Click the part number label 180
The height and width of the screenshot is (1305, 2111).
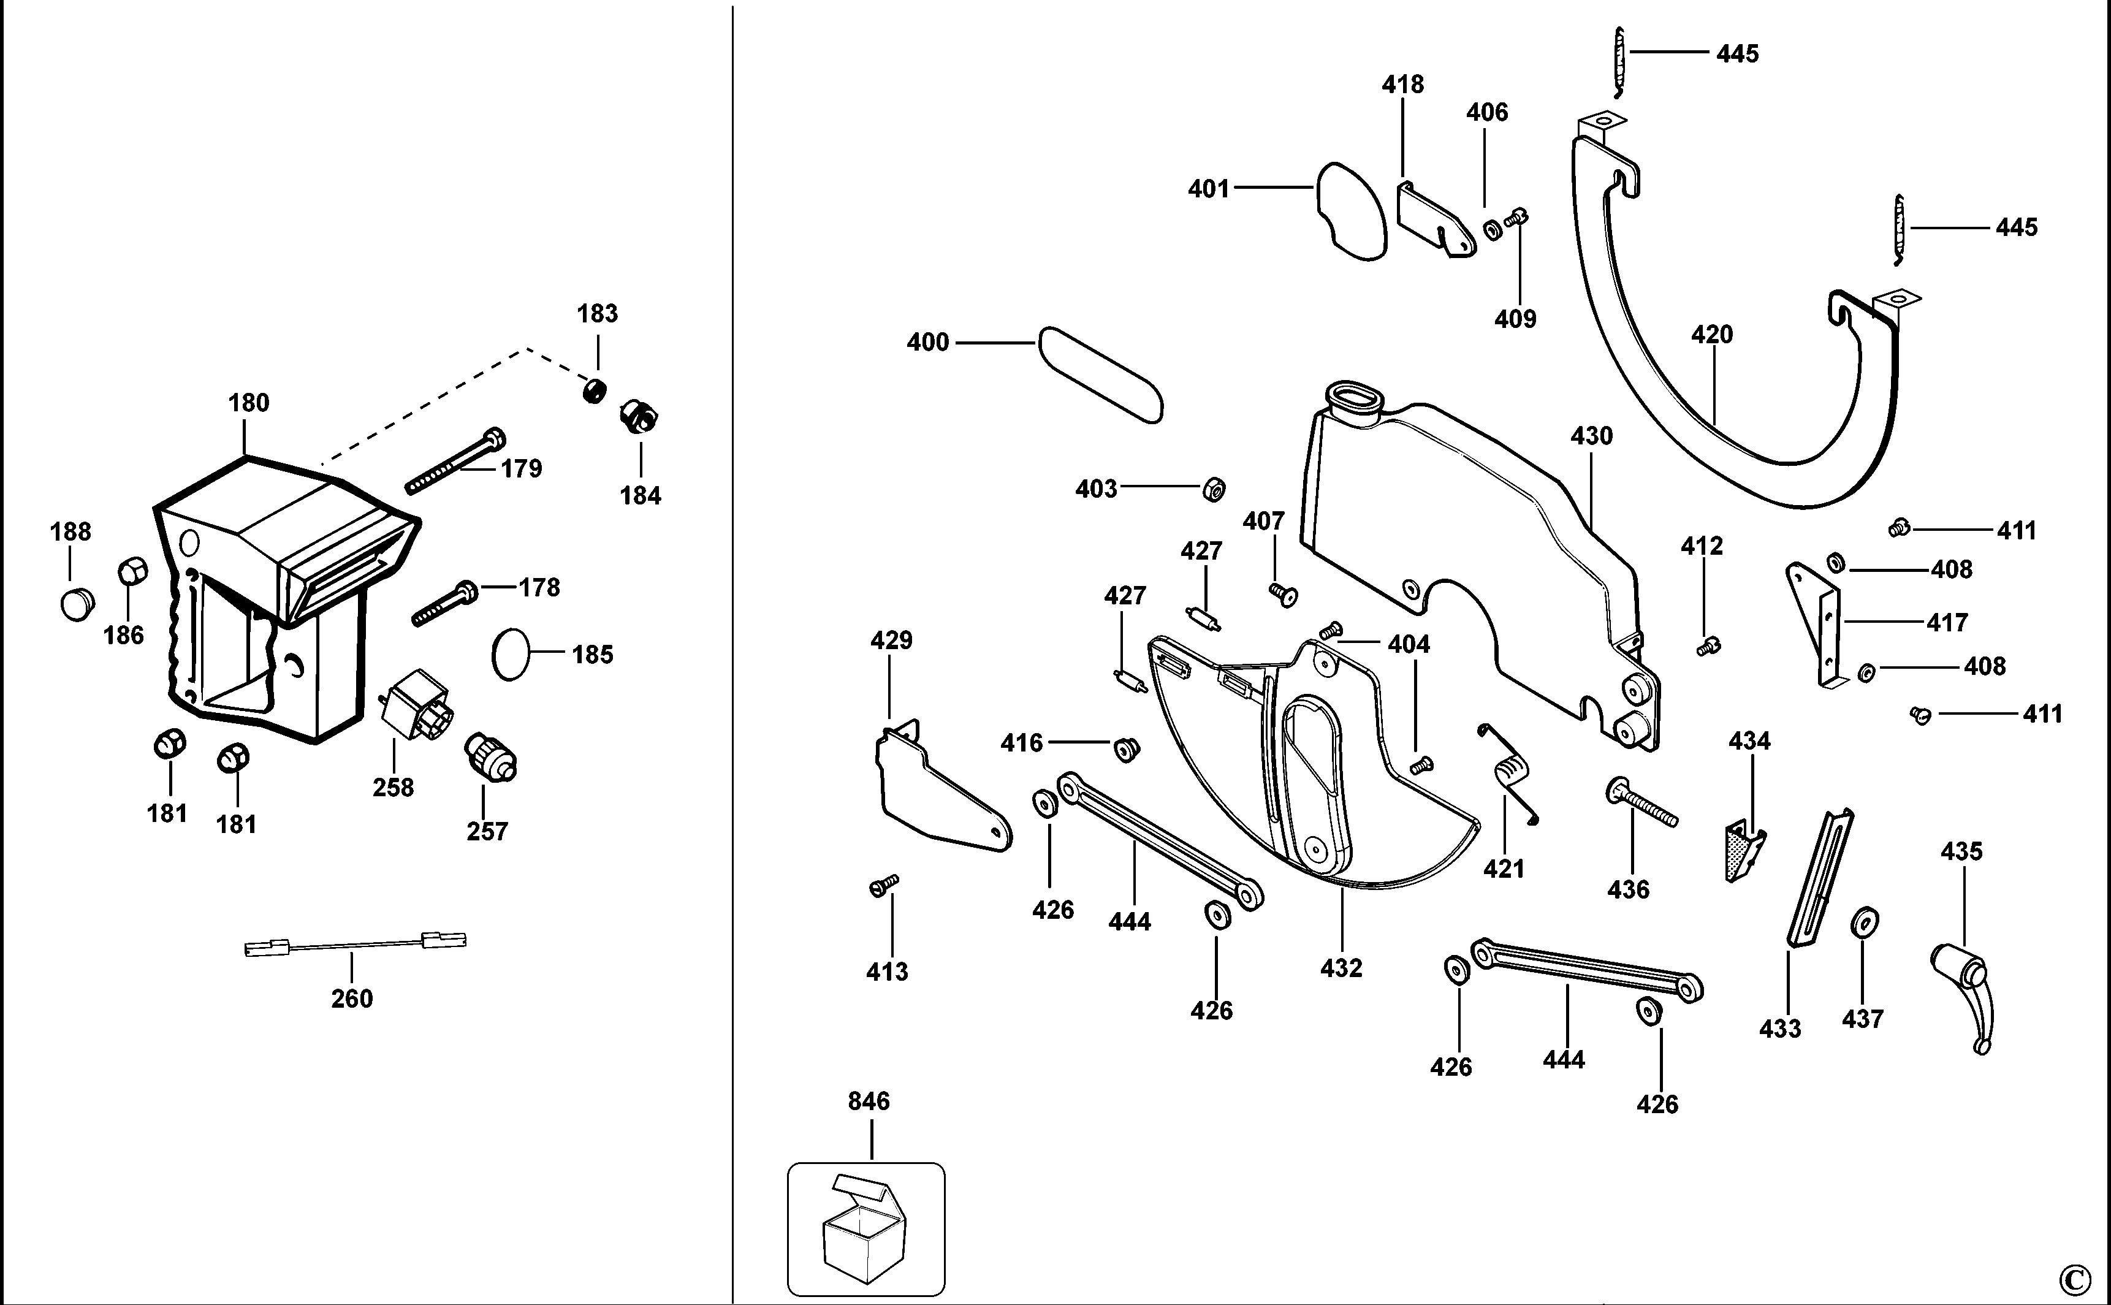coord(249,403)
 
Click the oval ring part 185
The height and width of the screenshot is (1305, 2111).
coord(510,654)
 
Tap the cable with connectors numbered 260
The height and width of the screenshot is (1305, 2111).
coord(356,943)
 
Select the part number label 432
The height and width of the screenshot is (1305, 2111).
coord(1341,967)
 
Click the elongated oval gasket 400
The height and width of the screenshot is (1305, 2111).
coord(1100,375)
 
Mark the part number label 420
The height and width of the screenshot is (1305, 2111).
coord(1711,335)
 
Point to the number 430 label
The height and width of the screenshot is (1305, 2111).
coord(1591,436)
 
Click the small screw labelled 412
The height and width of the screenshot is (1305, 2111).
coord(1708,645)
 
